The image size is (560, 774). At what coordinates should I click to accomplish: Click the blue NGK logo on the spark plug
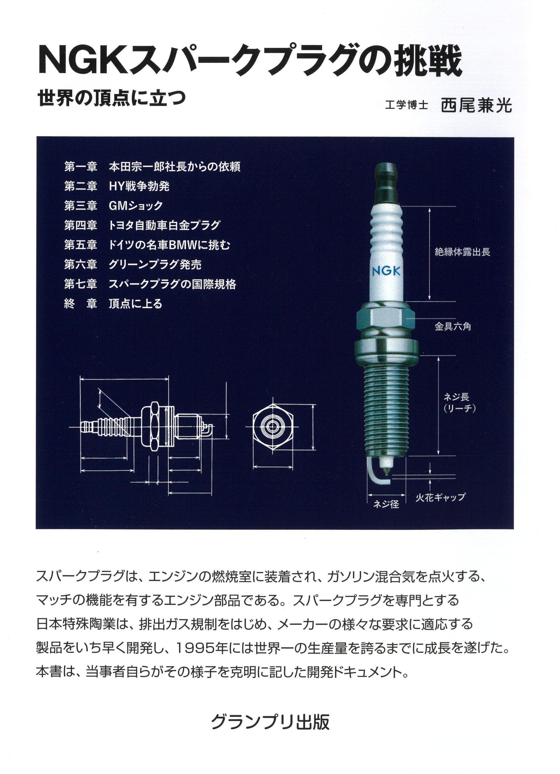tap(386, 271)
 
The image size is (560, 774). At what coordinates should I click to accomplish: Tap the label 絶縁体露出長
tap(462, 252)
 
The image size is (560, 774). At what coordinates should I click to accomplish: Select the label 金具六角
tap(452, 327)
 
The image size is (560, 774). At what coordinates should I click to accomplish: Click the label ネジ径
tap(386, 504)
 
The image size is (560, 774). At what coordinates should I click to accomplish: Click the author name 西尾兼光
tap(476, 106)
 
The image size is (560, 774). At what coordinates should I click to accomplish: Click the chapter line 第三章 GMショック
tap(113, 206)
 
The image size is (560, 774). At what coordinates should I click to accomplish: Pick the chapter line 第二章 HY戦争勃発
tap(117, 186)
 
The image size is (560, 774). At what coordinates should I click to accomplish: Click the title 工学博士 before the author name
tap(406, 105)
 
